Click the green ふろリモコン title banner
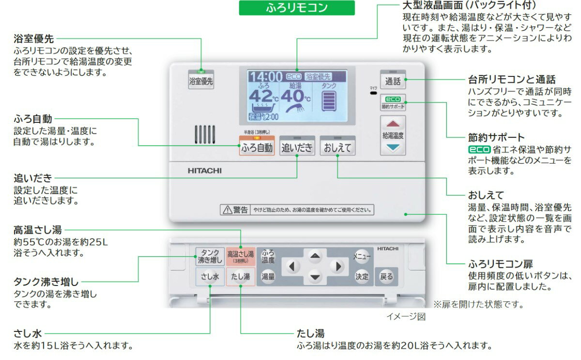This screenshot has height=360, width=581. click(297, 8)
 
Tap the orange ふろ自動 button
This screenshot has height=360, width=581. click(257, 148)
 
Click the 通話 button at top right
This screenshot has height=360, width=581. click(392, 81)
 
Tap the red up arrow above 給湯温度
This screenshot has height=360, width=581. click(392, 123)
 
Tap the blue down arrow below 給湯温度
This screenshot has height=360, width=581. click(392, 147)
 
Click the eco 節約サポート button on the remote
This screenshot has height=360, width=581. click(392, 102)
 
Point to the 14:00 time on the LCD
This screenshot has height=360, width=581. click(266, 76)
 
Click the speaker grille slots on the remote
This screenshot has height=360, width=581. click(205, 135)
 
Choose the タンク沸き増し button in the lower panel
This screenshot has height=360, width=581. click(210, 256)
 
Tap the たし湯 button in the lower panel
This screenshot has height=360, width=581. click(240, 277)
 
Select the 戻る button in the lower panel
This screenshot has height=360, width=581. click(386, 277)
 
